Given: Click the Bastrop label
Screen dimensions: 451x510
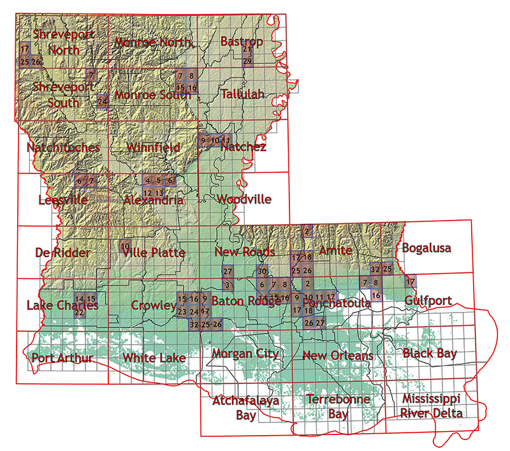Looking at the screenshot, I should pyautogui.click(x=242, y=41).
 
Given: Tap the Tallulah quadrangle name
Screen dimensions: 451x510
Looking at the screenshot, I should pyautogui.click(x=242, y=94).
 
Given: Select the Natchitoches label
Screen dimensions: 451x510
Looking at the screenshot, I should pyautogui.click(x=63, y=147).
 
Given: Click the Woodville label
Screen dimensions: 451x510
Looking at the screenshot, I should pyautogui.click(x=244, y=199).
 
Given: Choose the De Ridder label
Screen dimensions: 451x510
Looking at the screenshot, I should pyautogui.click(x=62, y=253).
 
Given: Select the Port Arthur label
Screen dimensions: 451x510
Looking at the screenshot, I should pyautogui.click(x=62, y=357).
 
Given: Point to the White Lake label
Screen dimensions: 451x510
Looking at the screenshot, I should pyautogui.click(x=154, y=357).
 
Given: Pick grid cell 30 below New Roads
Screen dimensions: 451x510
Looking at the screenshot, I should pyautogui.click(x=262, y=270).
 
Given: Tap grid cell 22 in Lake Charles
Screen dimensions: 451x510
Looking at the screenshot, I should pyautogui.click(x=79, y=313).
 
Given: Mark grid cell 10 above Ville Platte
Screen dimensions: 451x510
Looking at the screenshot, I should pyautogui.click(x=126, y=246).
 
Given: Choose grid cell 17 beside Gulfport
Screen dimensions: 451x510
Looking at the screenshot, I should pyautogui.click(x=411, y=281).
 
